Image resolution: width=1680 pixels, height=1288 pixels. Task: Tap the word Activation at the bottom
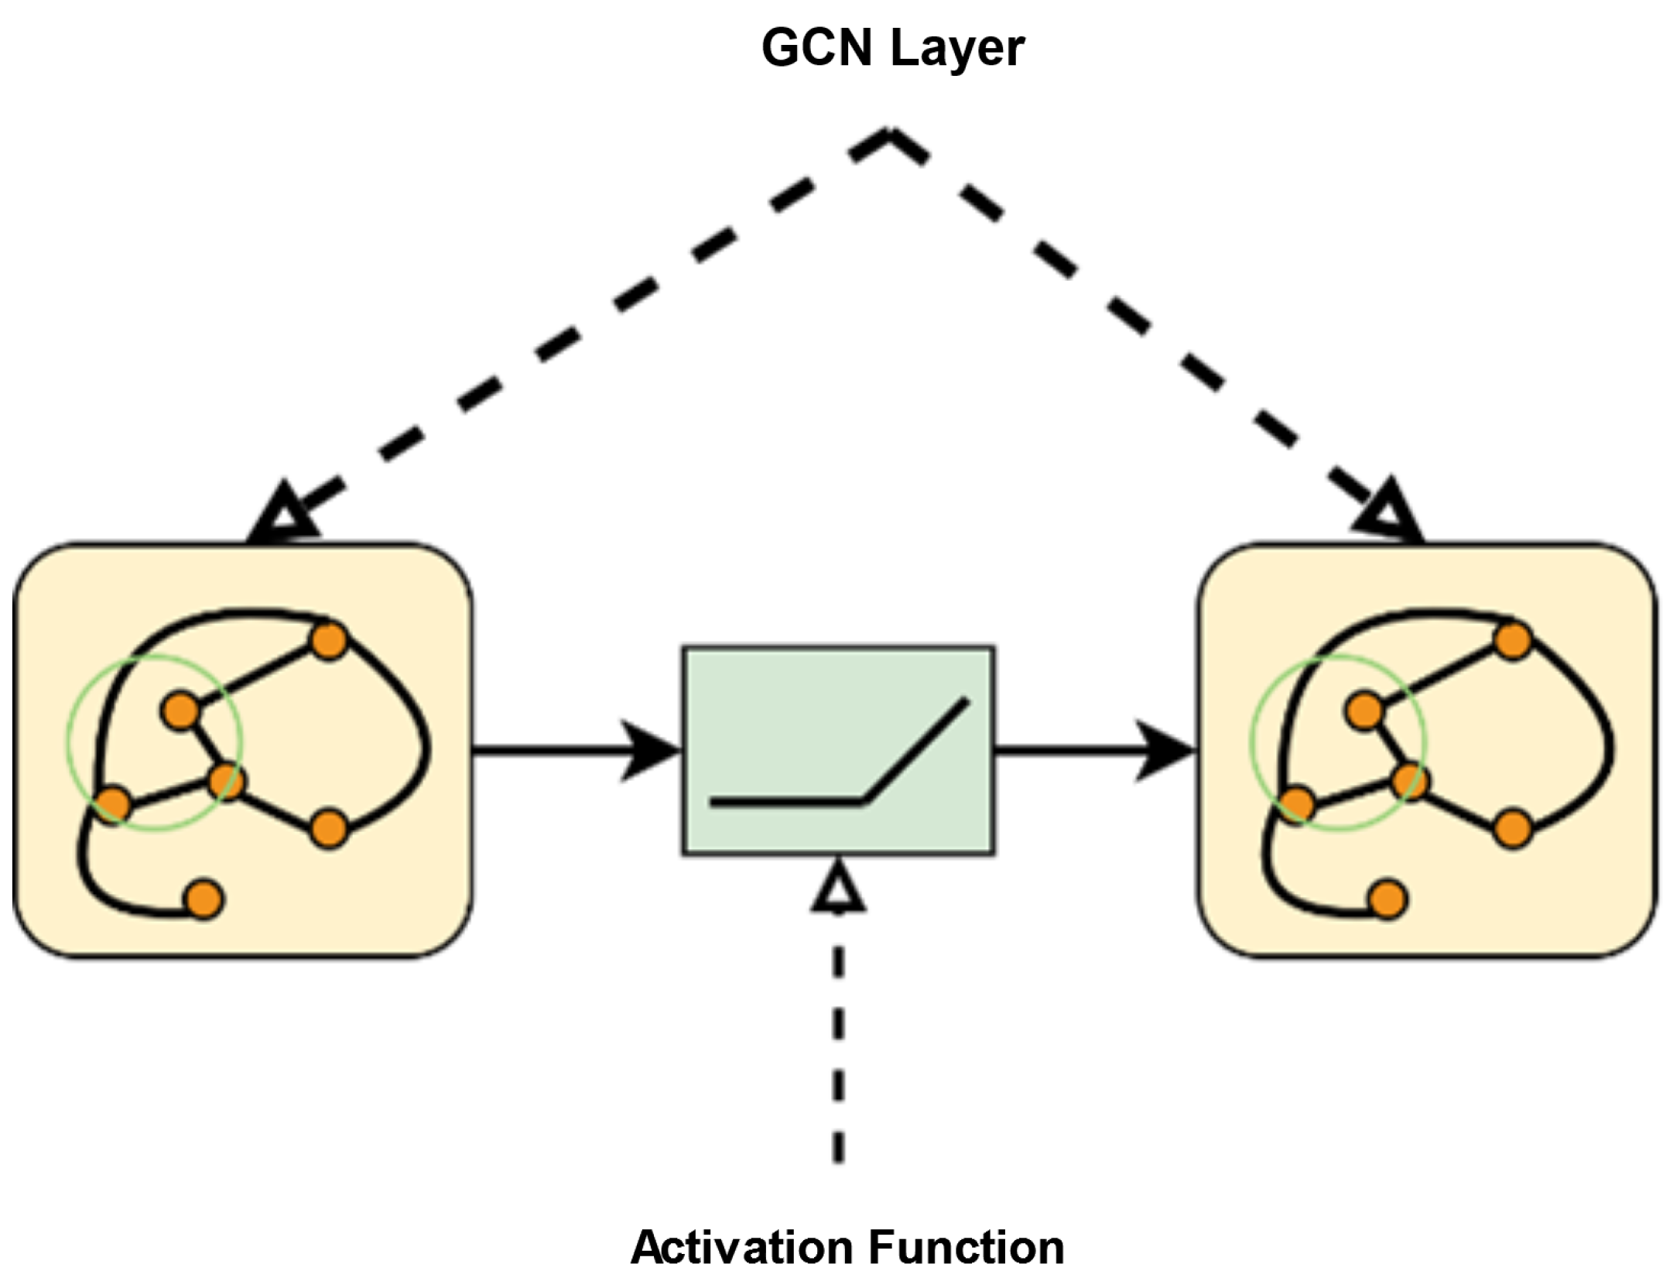click(x=742, y=1247)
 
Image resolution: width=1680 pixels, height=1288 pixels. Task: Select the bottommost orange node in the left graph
click(x=204, y=899)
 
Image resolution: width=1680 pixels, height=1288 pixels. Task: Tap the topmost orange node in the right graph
click(x=1513, y=641)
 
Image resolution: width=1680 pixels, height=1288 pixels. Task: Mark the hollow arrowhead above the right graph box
click(x=1390, y=513)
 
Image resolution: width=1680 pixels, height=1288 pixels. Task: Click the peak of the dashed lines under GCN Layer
click(x=890, y=135)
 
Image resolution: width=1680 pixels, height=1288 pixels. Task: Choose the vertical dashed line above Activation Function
click(x=838, y=1045)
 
